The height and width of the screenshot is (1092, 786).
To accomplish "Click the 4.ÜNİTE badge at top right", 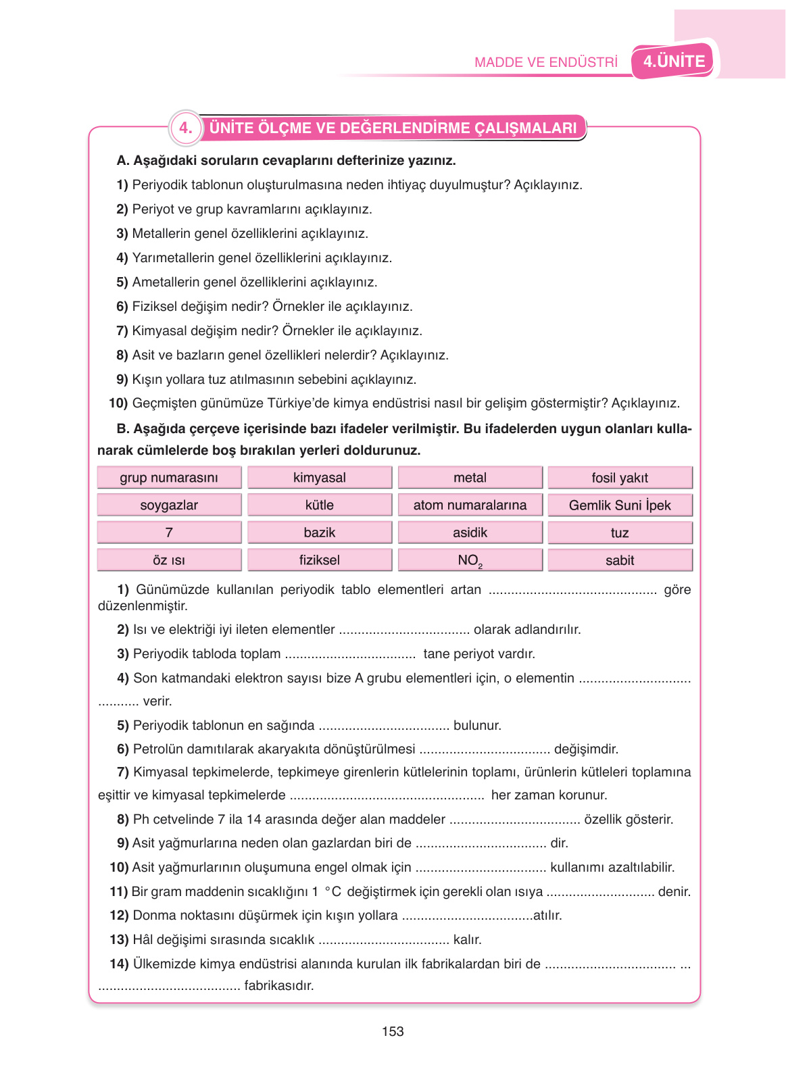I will coord(673,61).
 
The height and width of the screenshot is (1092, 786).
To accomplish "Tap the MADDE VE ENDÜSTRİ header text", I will coord(545,62).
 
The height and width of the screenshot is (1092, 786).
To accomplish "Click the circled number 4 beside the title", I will coord(185,128).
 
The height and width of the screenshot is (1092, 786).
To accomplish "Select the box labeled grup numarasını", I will coord(169,478).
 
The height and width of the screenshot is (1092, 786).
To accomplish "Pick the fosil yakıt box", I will coord(620,478).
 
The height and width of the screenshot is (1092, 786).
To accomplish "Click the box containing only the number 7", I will coord(169,532).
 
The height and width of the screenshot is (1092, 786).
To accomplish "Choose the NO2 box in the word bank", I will coord(470,560).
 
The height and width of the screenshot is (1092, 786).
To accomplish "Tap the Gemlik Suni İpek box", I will coord(620,505).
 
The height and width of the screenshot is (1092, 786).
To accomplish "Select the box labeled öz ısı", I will coord(169,560).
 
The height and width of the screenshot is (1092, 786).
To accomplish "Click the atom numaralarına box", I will coord(470,505).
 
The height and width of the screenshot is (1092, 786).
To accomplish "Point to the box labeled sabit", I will coord(620,560).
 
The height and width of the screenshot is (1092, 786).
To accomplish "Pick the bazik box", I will coord(320,532).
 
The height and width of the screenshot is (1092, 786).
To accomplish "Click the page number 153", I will coord(393,1031).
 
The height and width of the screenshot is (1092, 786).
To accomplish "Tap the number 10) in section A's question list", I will coord(118,403).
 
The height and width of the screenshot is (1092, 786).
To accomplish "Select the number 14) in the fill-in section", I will coord(119,964).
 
